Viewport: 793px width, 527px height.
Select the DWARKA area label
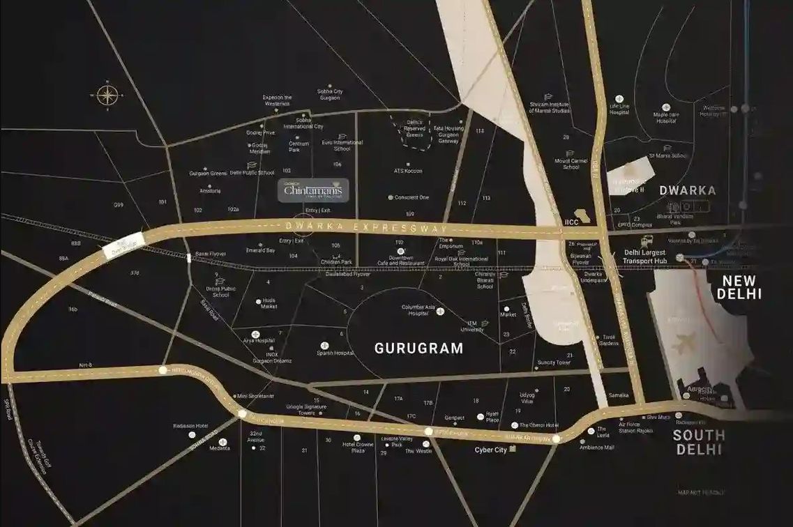click(x=688, y=190)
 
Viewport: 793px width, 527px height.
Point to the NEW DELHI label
click(x=741, y=287)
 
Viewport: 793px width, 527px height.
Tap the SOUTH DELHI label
click(x=699, y=442)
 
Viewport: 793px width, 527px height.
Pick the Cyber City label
click(x=490, y=450)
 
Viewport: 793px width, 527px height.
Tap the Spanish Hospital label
click(x=335, y=353)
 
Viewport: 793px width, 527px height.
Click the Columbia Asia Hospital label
click(x=418, y=310)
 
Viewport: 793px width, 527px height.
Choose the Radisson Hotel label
click(x=190, y=425)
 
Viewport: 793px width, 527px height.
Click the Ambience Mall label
click(x=596, y=448)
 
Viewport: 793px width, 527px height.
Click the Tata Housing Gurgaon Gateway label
click(x=448, y=134)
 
